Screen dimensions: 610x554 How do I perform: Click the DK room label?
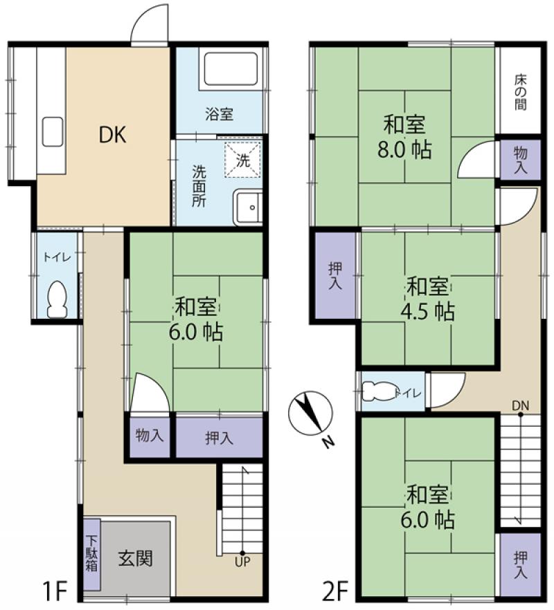pyautogui.click(x=111, y=136)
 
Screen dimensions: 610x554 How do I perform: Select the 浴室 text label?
pyautogui.click(x=219, y=115)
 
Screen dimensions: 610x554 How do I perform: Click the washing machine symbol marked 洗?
pyautogui.click(x=242, y=160)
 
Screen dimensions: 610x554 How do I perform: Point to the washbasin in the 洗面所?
pyautogui.click(x=248, y=207)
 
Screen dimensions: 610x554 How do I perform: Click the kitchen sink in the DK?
pyautogui.click(x=53, y=131)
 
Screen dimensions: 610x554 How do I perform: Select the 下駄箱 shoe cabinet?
pyautogui.click(x=92, y=553)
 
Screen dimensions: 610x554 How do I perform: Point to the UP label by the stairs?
pyautogui.click(x=242, y=562)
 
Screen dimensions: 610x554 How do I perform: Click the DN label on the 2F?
pyautogui.click(x=519, y=405)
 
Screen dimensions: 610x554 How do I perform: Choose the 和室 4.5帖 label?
pyautogui.click(x=429, y=299)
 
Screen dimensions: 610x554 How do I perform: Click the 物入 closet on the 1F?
pyautogui.click(x=149, y=436)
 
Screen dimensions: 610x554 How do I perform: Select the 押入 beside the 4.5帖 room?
pyautogui.click(x=334, y=275)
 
